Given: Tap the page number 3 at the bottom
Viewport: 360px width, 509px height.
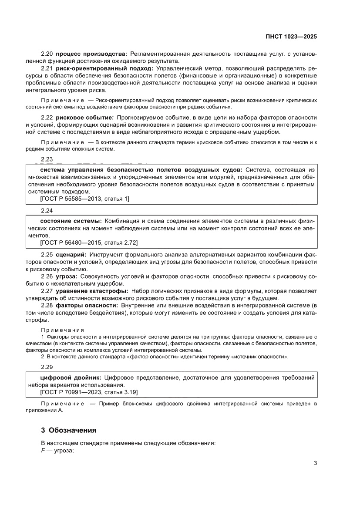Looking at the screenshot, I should click(x=315, y=463).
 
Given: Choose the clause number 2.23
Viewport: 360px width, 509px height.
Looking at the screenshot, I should click(x=47, y=159).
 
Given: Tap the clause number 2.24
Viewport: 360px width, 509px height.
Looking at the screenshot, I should click(x=47, y=210).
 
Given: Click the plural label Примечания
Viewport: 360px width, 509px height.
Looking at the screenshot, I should click(x=62, y=330).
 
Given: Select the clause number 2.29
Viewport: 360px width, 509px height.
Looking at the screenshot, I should click(x=47, y=367).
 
